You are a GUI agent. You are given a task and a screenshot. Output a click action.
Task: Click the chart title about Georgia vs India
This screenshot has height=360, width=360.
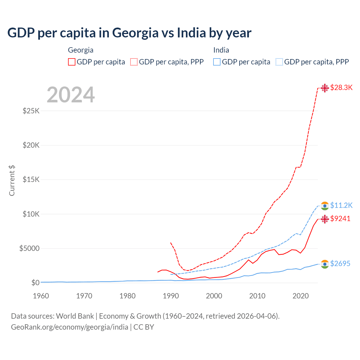tap(129, 33)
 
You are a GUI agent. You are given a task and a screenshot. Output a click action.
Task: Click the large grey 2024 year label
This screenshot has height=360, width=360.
tap(71, 95)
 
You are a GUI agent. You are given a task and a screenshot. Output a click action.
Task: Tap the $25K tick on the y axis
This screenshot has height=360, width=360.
tap(31, 111)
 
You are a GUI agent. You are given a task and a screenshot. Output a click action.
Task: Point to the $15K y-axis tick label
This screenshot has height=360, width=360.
tap(31, 180)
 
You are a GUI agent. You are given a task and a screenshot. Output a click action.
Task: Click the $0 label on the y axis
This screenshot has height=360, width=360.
tap(35, 283)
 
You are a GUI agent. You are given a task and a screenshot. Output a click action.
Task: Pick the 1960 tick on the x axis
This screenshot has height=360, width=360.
tap(41, 296)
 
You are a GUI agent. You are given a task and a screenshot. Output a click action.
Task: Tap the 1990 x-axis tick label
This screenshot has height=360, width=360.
tap(171, 296)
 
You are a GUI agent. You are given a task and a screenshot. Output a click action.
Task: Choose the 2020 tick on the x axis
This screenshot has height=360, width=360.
tap(301, 296)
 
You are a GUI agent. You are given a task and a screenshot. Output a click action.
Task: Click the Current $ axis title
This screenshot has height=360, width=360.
tap(12, 180)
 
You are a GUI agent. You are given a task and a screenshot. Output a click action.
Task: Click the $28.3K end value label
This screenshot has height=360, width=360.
tap(341, 88)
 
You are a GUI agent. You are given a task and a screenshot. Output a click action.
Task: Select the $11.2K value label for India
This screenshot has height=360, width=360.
tap(341, 206)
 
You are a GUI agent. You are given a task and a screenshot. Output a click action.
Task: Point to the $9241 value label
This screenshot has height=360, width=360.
tap(340, 219)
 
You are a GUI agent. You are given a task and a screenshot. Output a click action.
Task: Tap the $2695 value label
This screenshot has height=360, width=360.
tap(340, 264)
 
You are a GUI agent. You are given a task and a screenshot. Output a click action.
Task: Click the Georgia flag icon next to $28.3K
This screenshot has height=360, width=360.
tap(325, 88)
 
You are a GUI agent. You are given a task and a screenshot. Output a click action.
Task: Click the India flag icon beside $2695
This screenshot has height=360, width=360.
tap(325, 264)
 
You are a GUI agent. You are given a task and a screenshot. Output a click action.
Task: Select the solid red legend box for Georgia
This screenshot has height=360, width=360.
tap(72, 62)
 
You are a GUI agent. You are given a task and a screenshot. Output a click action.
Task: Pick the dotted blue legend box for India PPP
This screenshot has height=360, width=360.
tap(279, 62)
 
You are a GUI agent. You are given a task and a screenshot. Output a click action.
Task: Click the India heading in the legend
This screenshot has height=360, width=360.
tap(221, 50)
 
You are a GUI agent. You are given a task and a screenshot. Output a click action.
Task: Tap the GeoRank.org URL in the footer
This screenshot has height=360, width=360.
tap(69, 327)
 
